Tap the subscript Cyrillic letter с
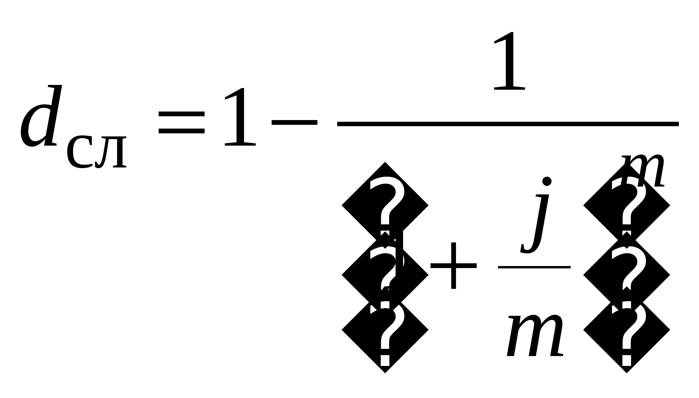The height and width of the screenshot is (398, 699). click(79, 152)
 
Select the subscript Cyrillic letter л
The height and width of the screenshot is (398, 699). click(111, 152)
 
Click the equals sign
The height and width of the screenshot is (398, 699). click(181, 122)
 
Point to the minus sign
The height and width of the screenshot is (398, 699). click(294, 122)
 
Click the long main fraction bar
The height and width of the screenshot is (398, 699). click(508, 124)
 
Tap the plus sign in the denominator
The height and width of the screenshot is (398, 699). click(453, 266)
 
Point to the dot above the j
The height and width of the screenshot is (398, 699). click(547, 181)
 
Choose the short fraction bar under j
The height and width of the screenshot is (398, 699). click(534, 267)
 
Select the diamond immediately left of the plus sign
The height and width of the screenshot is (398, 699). click(385, 275)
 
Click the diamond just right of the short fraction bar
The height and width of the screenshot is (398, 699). click(627, 275)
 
